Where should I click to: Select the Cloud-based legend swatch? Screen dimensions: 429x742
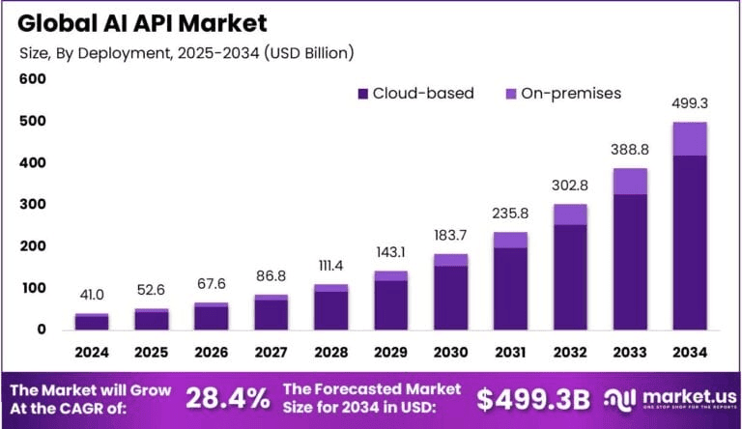click(x=363, y=94)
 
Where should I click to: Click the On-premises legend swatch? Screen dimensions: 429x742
click(x=511, y=94)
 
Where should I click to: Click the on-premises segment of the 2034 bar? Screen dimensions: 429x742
click(x=690, y=138)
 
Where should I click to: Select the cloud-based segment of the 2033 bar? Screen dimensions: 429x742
click(x=630, y=261)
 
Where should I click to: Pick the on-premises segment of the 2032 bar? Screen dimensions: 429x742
click(x=570, y=214)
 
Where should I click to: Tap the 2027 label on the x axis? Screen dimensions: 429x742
click(x=271, y=350)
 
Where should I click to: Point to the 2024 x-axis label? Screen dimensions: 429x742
click(x=92, y=350)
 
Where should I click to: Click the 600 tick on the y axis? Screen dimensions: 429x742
click(x=33, y=79)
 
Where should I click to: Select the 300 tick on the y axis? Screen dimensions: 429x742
click(x=33, y=205)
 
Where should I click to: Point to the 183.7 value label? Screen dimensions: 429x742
click(x=450, y=236)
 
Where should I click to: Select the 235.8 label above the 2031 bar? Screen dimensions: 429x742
click(x=510, y=214)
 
